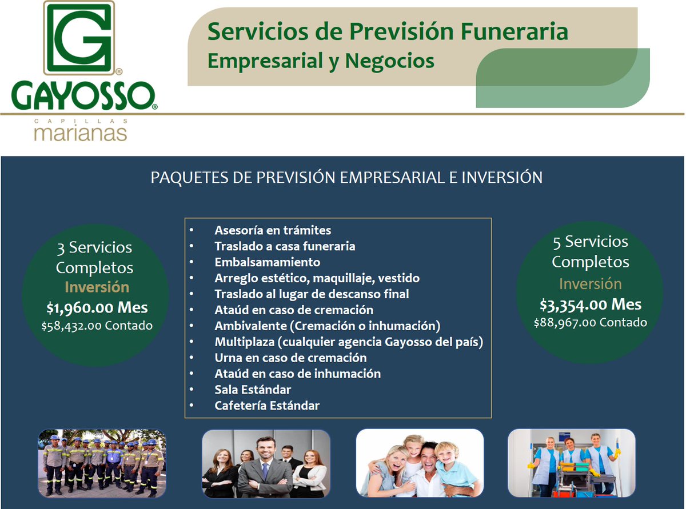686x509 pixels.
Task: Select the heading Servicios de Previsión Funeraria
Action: pyautogui.click(x=388, y=31)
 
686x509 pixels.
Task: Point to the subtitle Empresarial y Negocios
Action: pyautogui.click(x=320, y=61)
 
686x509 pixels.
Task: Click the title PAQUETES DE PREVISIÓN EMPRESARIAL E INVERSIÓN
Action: pyautogui.click(x=346, y=178)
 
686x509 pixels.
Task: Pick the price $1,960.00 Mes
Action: pyautogui.click(x=97, y=308)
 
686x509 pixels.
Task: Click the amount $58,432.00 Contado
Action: pyautogui.click(x=97, y=326)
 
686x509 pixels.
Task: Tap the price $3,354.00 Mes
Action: pyautogui.click(x=590, y=304)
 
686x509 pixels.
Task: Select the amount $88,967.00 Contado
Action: pyautogui.click(x=590, y=322)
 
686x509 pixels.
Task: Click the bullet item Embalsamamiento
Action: pyautogui.click(x=267, y=262)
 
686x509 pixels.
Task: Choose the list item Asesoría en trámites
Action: pyautogui.click(x=273, y=230)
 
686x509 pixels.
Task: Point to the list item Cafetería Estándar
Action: pyautogui.click(x=267, y=406)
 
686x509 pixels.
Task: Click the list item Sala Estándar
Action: pyautogui.click(x=253, y=390)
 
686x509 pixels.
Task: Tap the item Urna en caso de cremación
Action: pyautogui.click(x=290, y=358)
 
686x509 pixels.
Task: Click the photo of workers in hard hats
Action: pyautogui.click(x=103, y=463)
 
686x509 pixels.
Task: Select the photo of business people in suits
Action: pyautogui.click(x=266, y=463)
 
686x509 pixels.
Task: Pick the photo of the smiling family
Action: pyautogui.click(x=420, y=463)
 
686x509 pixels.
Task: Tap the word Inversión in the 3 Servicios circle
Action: pyautogui.click(x=97, y=287)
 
